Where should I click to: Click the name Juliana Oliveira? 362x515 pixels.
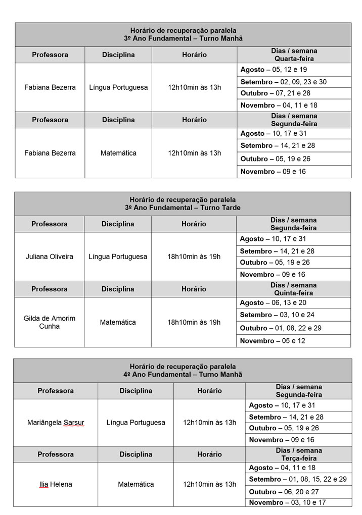(49, 256)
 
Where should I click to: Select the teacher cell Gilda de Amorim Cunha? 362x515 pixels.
(49, 322)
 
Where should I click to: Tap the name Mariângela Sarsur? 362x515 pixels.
(56, 423)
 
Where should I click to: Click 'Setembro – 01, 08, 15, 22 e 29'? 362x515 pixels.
(298, 479)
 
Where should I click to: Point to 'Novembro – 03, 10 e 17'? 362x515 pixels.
(287, 502)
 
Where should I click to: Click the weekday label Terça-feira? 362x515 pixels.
(299, 458)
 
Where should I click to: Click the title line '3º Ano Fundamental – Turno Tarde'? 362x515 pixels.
(183, 208)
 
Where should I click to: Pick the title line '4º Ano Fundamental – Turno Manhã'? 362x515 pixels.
(183, 375)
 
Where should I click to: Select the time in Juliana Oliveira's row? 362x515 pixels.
(194, 256)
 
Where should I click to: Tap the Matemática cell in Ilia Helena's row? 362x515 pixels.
(135, 484)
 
